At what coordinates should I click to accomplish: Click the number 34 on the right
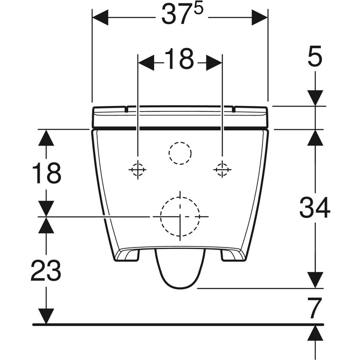pyautogui.click(x=315, y=208)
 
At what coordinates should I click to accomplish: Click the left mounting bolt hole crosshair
pyautogui.click(x=137, y=169)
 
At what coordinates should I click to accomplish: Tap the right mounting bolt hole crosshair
pyautogui.click(x=222, y=169)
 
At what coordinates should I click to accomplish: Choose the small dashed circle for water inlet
pyautogui.click(x=180, y=152)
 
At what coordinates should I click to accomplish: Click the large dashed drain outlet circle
pyautogui.click(x=180, y=216)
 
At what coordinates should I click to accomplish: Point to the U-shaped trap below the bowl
pyautogui.click(x=180, y=271)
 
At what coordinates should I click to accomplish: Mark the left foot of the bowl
pyautogui.click(x=127, y=255)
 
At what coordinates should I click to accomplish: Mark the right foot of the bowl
pyautogui.click(x=233, y=255)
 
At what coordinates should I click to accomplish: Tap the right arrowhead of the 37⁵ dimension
pyautogui.click(x=260, y=17)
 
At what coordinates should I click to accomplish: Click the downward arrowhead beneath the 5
pyautogui.click(x=315, y=97)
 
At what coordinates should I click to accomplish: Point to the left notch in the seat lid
pyautogui.click(x=127, y=109)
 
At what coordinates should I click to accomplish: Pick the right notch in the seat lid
pyautogui.click(x=233, y=109)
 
